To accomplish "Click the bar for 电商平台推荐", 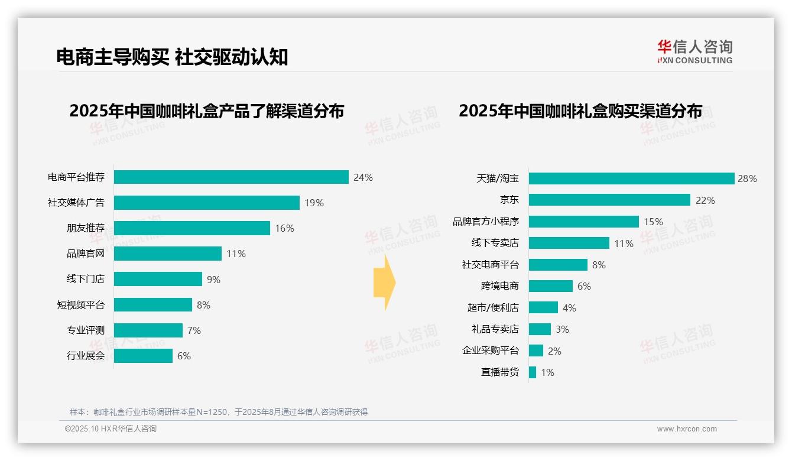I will [x=231, y=177].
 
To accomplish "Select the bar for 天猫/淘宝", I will [x=631, y=178].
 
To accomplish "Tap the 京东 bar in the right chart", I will [x=609, y=200].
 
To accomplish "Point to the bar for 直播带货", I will [x=533, y=372].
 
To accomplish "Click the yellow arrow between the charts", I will [x=384, y=283].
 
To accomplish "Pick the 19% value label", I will [x=314, y=203].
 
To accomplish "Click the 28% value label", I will [x=747, y=178].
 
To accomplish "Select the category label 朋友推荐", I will [x=85, y=228].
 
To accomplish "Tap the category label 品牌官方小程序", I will [x=486, y=222].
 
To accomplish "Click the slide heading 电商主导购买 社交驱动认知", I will [x=172, y=57].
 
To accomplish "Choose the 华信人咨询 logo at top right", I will [x=694, y=51].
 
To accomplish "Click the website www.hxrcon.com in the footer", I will [x=687, y=429].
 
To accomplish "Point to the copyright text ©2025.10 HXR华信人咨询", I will [x=111, y=429].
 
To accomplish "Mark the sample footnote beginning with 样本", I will [x=218, y=412].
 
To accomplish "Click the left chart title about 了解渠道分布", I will [x=206, y=111].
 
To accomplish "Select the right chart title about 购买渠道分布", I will [x=580, y=111].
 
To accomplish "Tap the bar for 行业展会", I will [x=143, y=356].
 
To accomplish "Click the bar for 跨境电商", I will [x=551, y=286].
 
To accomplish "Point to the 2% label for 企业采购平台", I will [x=554, y=351].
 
